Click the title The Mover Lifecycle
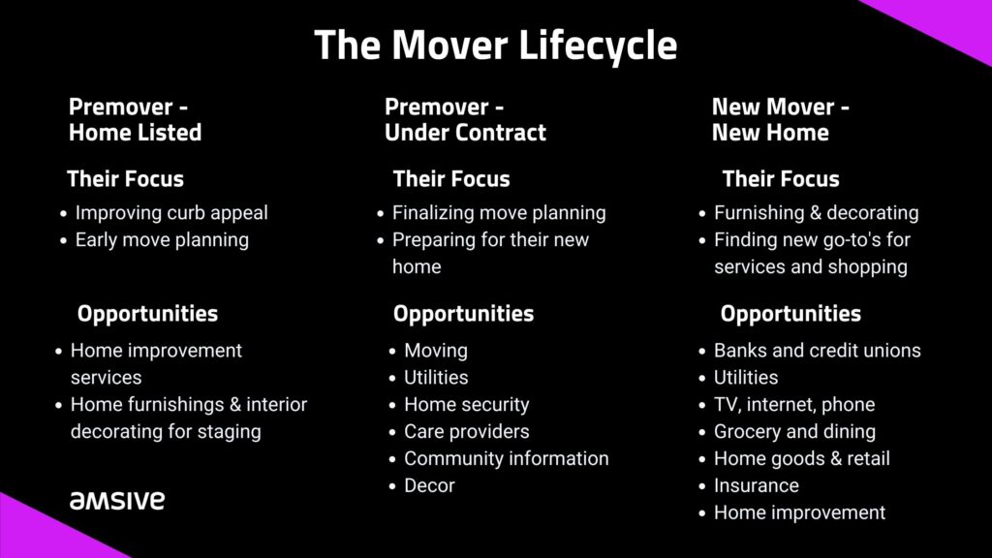coord(495,46)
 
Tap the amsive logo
coord(117,501)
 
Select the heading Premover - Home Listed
coord(135,119)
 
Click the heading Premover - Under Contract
coord(465,119)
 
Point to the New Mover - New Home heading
coord(780,119)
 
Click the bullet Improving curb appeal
coord(171,213)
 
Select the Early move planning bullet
coord(162,240)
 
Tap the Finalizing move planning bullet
coord(499,213)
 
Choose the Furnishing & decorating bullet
coord(816,213)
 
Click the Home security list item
coord(466,405)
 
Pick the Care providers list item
coord(466,431)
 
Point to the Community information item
coord(506,458)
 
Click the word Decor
coord(429,486)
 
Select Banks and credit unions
coord(817,351)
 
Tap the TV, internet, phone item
coord(794,405)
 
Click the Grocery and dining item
coord(794,431)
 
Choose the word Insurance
coord(756,486)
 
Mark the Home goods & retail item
coord(801,458)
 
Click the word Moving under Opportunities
coord(436,351)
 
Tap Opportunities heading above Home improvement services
coord(147,314)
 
